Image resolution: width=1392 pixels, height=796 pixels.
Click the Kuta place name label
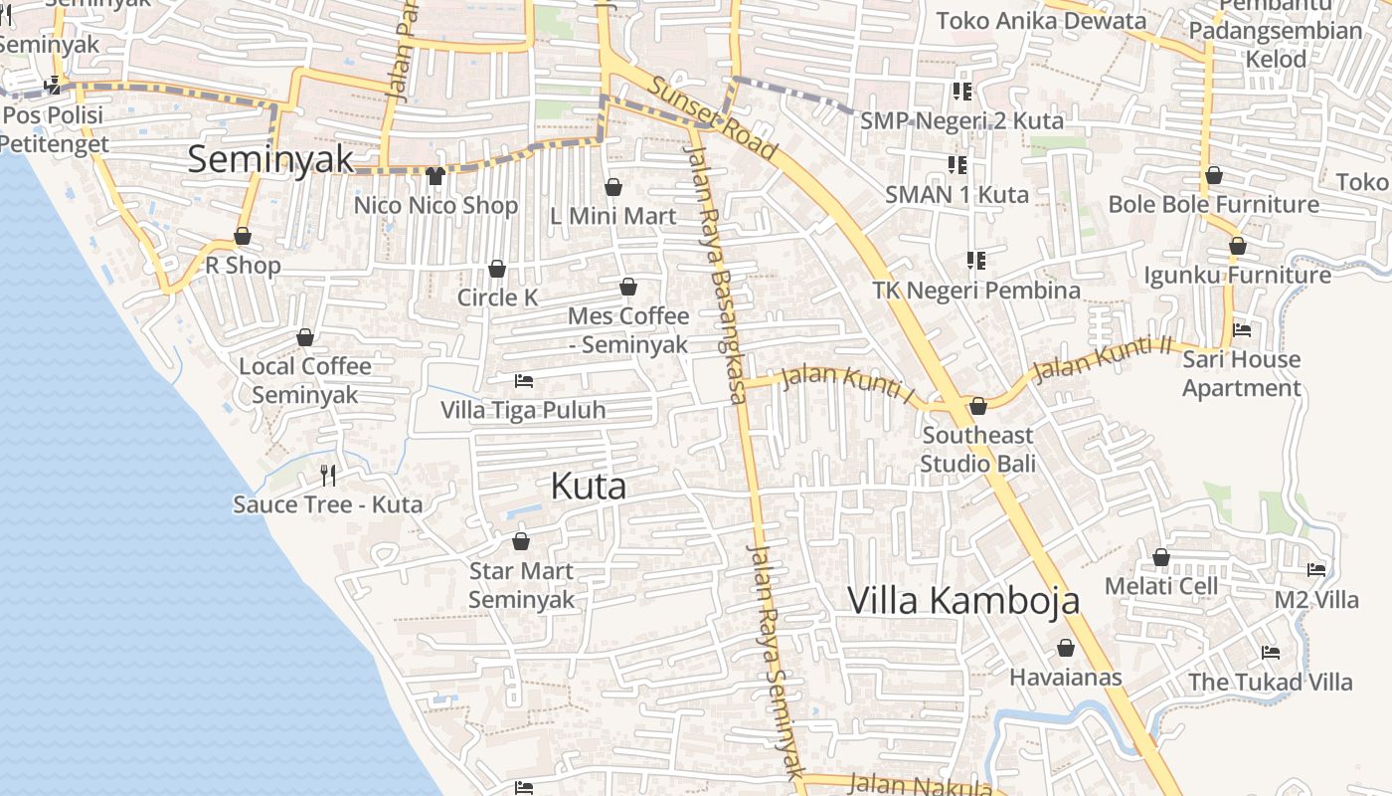tap(589, 487)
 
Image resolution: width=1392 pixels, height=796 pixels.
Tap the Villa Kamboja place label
tap(962, 601)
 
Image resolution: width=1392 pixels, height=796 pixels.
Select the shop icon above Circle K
tap(497, 270)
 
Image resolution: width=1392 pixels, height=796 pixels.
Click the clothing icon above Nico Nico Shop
tap(435, 177)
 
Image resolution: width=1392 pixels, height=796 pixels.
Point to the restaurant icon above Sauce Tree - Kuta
tap(328, 476)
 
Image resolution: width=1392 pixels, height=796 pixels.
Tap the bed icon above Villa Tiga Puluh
tap(523, 381)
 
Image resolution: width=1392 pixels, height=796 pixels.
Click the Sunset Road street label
tap(712, 116)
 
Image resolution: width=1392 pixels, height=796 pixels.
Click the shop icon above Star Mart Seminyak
tap(520, 542)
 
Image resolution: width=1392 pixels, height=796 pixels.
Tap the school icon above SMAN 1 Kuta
tap(957, 165)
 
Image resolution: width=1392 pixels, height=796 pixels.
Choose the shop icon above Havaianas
tap(1066, 649)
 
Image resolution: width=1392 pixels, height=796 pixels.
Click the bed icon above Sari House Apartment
tap(1241, 330)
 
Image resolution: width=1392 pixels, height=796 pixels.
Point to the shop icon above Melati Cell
tap(1160, 558)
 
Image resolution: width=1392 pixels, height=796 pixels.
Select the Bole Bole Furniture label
tap(1213, 205)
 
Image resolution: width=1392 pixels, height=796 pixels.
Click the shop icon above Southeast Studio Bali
tap(977, 407)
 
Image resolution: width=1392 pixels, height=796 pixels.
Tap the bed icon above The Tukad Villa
tap(1270, 653)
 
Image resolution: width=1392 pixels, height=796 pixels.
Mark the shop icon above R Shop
tap(243, 237)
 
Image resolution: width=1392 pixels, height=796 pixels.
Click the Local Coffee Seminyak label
tap(304, 380)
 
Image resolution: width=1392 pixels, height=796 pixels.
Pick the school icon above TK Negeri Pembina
tap(976, 261)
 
